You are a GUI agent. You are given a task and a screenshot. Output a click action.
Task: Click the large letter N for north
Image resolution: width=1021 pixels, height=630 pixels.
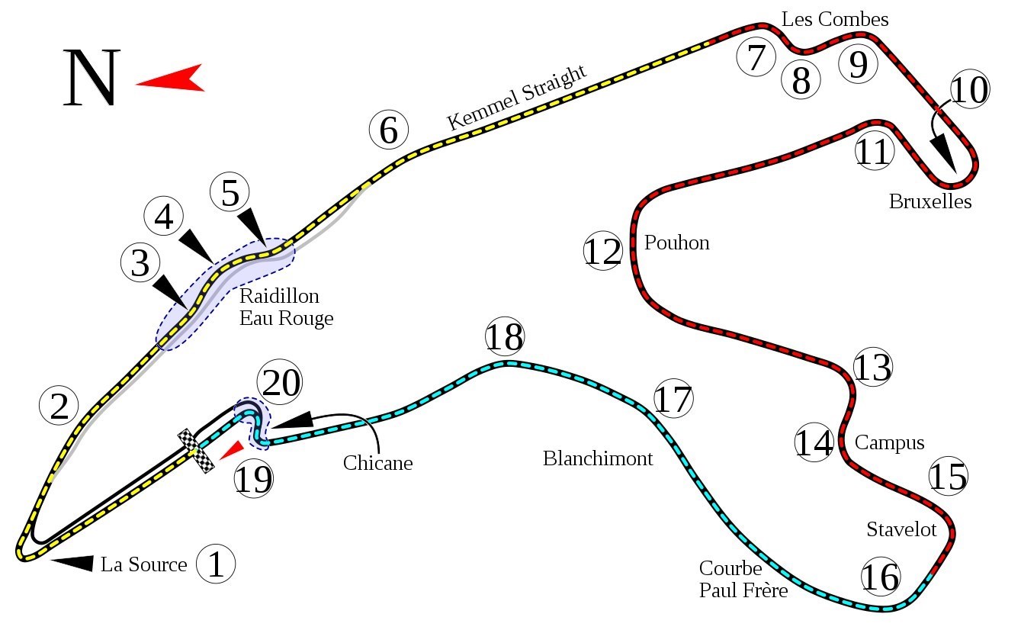(92, 78)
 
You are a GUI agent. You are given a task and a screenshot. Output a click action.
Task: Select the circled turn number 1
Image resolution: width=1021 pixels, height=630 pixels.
(216, 564)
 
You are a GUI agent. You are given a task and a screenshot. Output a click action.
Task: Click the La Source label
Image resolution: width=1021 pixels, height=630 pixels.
(143, 564)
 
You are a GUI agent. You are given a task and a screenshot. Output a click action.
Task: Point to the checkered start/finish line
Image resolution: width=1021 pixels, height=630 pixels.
(196, 451)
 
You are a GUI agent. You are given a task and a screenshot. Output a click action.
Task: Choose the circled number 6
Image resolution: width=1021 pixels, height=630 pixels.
(388, 130)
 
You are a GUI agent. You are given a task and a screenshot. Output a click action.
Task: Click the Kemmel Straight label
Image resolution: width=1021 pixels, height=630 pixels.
(516, 98)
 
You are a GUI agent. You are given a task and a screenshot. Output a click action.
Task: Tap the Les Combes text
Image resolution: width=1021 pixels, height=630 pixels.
(835, 20)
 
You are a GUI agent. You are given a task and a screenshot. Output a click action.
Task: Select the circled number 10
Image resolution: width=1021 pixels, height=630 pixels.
(970, 89)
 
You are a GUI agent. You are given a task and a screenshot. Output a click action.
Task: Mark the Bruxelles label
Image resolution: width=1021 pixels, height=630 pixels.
(930, 201)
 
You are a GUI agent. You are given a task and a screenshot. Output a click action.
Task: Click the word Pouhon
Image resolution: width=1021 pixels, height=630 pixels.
(677, 243)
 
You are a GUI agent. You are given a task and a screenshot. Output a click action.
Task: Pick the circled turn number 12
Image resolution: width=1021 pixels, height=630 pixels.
(603, 251)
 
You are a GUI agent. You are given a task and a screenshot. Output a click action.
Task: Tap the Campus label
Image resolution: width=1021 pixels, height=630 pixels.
(889, 443)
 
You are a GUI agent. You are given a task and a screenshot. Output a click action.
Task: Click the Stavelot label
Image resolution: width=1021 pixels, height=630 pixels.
(901, 529)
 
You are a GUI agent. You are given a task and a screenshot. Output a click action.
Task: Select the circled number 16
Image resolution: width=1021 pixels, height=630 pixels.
(881, 577)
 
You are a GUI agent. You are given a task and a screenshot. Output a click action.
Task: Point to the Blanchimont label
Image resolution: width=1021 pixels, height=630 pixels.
(598, 458)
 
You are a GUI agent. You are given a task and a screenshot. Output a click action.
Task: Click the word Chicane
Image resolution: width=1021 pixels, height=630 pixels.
(378, 463)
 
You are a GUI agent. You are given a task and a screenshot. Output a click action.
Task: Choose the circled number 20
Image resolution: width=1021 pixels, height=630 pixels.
(279, 382)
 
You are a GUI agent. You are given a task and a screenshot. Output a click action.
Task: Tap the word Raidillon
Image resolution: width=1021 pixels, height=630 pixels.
(279, 296)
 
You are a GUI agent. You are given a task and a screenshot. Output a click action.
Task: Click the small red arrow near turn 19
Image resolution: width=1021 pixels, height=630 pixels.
(233, 451)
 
